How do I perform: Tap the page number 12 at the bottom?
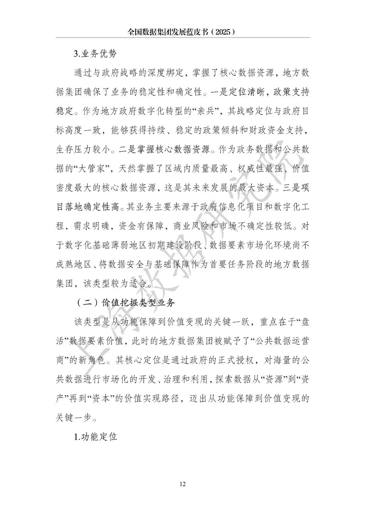pos(182,484)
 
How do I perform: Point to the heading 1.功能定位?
pos(96,436)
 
